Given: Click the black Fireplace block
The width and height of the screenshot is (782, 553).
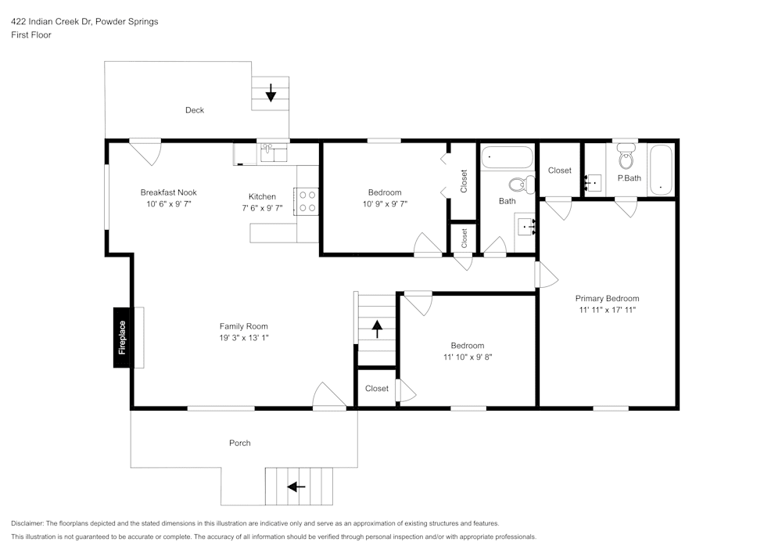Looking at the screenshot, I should coord(122,337).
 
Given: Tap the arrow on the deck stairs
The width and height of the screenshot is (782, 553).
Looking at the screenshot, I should coord(271,93).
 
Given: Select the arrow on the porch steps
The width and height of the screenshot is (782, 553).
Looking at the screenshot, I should coord(296,487).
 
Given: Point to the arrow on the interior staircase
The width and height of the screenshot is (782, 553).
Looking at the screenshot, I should coord(377,329).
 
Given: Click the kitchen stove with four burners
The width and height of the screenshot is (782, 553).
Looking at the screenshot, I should coord(306,202).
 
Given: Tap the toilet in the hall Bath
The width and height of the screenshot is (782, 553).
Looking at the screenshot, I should coord(520,185).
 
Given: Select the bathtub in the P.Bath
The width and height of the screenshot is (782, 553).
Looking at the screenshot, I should coord(661,169).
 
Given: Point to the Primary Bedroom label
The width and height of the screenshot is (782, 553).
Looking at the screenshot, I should coord(607,298).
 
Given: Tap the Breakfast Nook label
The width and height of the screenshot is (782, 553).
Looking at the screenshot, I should coord(168,192).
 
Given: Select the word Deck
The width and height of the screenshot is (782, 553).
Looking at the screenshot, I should coord(195,110).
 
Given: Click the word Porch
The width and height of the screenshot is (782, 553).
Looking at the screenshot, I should coord(239,443).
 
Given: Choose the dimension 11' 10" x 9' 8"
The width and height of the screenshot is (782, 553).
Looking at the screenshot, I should coord(467,357).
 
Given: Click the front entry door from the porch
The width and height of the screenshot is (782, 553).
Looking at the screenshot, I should coord(329,397).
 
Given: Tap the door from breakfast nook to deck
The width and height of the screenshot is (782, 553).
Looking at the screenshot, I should coord(145,150).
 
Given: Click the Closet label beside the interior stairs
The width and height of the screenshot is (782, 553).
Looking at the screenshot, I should coord(376,389).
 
